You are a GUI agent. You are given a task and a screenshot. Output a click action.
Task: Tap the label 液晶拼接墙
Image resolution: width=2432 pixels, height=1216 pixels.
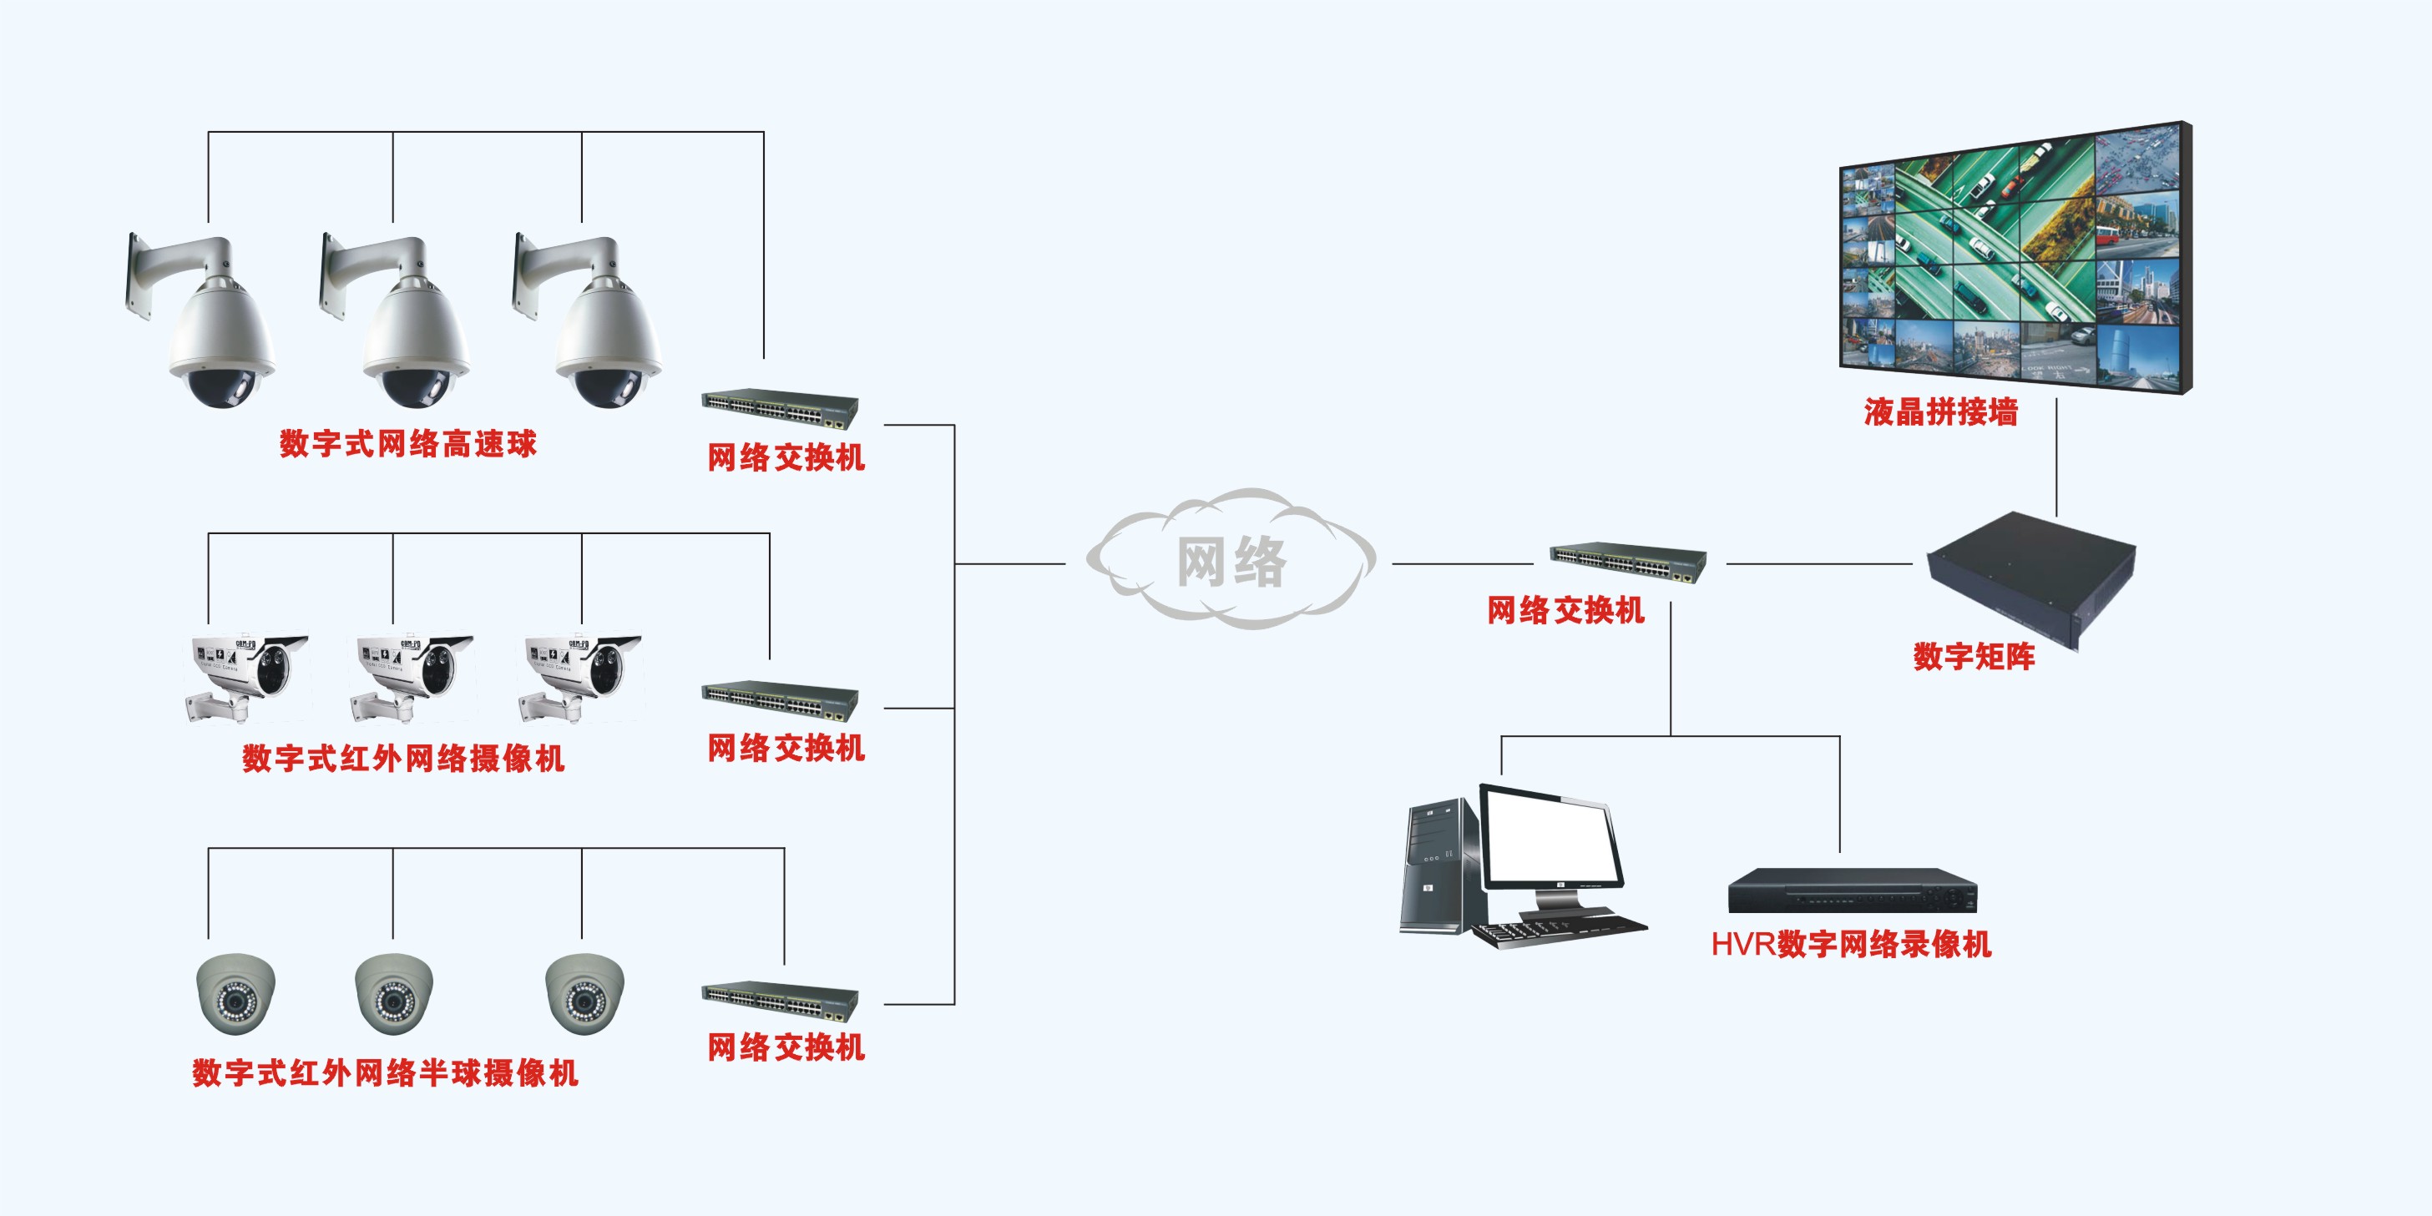coord(1940,412)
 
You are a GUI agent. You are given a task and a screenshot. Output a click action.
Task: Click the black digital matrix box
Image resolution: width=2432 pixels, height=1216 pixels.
coord(2030,576)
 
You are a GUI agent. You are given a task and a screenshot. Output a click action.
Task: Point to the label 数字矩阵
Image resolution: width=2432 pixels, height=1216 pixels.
coord(1973,656)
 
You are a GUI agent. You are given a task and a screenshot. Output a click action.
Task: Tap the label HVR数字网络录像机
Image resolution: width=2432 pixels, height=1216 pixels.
coord(1850,944)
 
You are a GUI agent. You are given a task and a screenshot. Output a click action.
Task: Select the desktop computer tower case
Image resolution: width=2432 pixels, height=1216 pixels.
coord(1437,864)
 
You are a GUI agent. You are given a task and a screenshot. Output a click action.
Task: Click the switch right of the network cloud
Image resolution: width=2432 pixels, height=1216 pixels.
coord(1628,563)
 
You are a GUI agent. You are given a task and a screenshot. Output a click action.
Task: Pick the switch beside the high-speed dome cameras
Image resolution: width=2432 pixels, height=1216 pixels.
coord(780,408)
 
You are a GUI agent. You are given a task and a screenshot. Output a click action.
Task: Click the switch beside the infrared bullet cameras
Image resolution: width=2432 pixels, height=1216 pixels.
coord(780,699)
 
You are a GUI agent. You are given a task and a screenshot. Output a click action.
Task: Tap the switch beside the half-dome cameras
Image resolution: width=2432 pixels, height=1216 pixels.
coord(780,1001)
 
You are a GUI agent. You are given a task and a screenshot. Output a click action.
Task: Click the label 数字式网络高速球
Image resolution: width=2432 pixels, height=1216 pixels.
coord(408,444)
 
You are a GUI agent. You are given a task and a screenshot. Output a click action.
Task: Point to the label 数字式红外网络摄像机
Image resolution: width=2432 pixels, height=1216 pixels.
coord(403,758)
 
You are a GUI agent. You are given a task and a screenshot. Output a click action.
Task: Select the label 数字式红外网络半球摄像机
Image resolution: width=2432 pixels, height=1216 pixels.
coord(385,1072)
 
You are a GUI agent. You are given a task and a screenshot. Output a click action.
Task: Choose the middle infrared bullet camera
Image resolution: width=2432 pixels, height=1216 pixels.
coord(412,675)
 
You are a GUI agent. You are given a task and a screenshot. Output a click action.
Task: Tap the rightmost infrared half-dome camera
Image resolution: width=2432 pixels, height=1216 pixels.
coord(584,993)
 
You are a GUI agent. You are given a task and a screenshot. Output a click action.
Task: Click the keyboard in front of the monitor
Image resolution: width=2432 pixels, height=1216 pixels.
coord(1558,929)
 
